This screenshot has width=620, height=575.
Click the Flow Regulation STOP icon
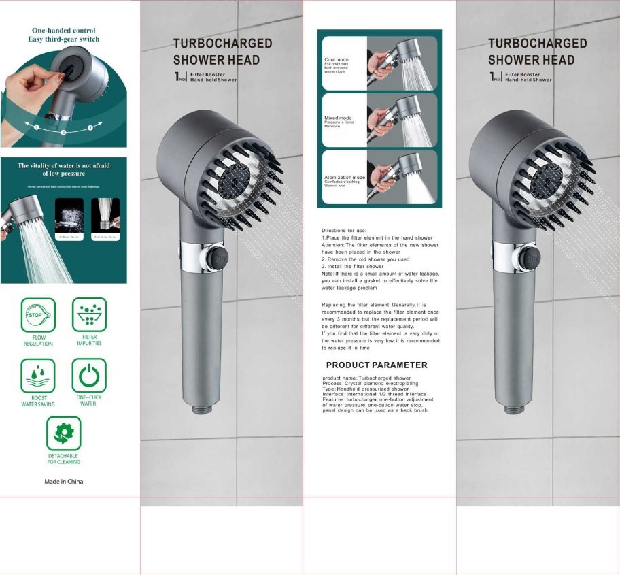point(38,315)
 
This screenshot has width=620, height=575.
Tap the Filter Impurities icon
point(89,314)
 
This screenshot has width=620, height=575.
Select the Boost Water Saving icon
point(38,375)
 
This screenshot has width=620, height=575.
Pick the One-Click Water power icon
point(89,375)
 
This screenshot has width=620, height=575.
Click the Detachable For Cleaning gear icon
point(64,433)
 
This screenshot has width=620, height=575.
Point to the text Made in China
point(64,482)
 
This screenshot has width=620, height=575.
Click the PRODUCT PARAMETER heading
point(376,365)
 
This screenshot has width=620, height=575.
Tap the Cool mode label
point(337,60)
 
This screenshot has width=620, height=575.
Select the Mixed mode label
point(338,118)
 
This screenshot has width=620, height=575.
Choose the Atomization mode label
point(345,177)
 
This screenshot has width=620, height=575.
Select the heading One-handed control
point(63,31)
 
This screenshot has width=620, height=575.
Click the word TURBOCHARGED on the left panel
point(222,44)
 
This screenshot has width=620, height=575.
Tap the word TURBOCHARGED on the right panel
point(537,44)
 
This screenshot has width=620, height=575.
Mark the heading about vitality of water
point(63,169)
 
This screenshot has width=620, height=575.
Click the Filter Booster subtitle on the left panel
point(213,75)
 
